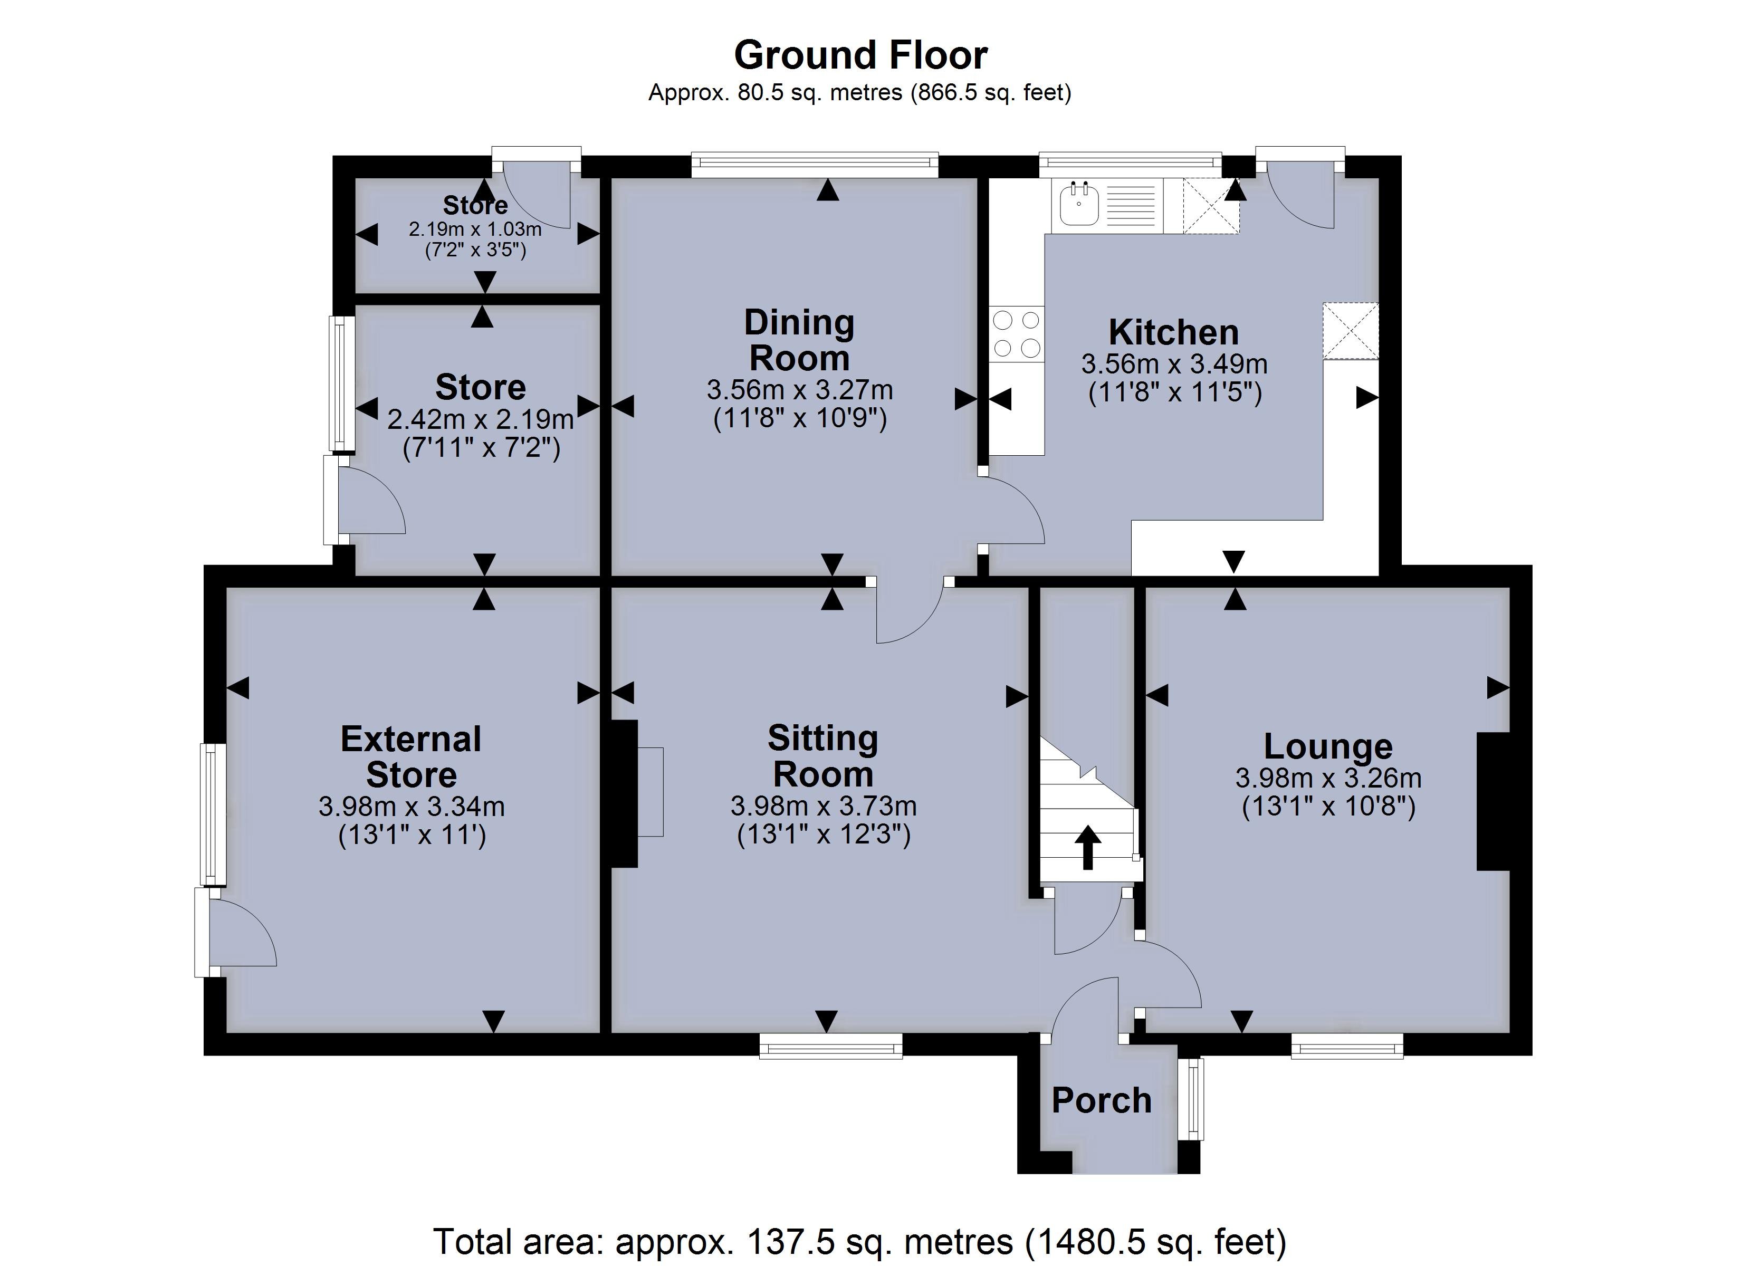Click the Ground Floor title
tap(860, 55)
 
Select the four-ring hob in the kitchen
tap(1016, 334)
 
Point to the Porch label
tap(1102, 1101)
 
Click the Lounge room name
tap(1328, 746)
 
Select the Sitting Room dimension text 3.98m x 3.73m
tap(824, 806)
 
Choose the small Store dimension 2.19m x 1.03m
tap(475, 229)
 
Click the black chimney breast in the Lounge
tap(1493, 801)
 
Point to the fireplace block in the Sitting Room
tap(625, 793)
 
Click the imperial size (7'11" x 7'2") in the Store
tap(481, 448)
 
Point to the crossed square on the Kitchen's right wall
tap(1350, 331)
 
